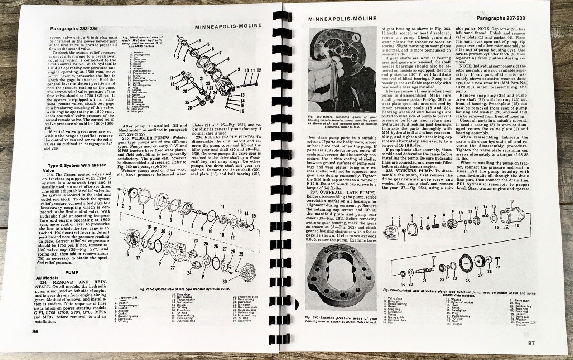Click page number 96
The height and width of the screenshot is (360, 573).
35,331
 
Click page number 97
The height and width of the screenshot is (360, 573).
531,344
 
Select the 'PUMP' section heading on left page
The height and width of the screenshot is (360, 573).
72,272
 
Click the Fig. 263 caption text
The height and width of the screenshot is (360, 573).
341,320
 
